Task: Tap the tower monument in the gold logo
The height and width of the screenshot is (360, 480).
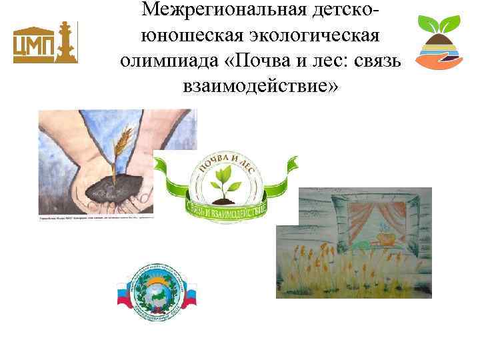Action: pos(66,41)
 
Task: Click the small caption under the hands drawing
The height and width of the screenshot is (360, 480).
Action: pos(93,218)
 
